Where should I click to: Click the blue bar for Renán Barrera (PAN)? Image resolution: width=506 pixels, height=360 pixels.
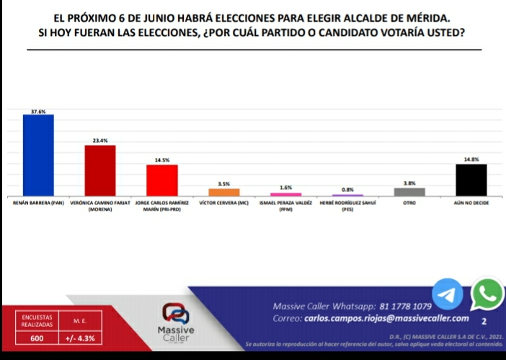click(x=38, y=155)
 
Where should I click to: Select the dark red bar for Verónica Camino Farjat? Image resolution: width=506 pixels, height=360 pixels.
click(x=100, y=170)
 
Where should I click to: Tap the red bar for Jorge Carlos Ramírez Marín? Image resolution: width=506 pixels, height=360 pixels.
click(x=161, y=180)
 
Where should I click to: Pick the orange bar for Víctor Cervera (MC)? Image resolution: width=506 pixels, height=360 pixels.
click(x=223, y=192)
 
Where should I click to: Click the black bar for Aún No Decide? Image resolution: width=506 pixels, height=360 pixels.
click(x=471, y=180)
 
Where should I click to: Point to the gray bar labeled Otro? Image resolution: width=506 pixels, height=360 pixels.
click(x=409, y=192)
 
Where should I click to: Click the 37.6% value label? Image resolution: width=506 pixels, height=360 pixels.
click(x=38, y=110)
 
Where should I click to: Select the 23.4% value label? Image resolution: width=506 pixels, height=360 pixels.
click(x=100, y=141)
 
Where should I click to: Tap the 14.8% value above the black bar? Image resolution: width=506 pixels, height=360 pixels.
click(x=471, y=159)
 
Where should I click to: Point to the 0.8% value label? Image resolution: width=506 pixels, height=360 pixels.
click(x=347, y=189)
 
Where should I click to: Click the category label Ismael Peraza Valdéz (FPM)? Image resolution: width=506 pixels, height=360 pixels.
click(x=285, y=207)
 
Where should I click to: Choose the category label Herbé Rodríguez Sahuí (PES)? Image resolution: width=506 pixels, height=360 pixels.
click(x=347, y=207)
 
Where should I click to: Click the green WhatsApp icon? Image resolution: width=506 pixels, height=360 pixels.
click(x=487, y=294)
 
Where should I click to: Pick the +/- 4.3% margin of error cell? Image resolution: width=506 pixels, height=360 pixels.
click(x=80, y=338)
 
